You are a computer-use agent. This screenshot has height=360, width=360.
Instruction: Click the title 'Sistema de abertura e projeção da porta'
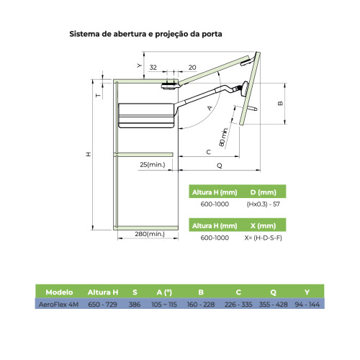tap(145, 34)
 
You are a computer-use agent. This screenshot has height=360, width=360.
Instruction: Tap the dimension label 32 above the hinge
tap(153, 68)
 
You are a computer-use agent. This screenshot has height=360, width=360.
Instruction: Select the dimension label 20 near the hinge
tap(192, 68)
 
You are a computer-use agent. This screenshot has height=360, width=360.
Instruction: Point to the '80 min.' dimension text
tap(223, 137)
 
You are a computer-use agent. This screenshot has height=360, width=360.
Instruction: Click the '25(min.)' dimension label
tap(153, 165)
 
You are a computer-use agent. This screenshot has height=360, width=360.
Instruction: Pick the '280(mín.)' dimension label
tap(150, 234)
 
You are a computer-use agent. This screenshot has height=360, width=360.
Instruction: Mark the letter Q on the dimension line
tap(220, 166)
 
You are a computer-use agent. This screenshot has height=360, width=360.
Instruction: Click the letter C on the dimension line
tap(209, 152)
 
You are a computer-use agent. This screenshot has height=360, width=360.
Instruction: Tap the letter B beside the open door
tap(280, 103)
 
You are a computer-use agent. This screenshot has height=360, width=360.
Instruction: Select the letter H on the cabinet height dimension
tap(89, 154)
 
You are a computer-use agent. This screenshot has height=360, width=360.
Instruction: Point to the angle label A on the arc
tap(210, 108)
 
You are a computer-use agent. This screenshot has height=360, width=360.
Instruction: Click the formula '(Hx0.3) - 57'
tap(264, 204)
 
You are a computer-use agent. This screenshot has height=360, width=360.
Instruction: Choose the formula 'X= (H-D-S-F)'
tap(264, 238)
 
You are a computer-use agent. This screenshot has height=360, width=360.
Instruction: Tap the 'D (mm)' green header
tap(264, 192)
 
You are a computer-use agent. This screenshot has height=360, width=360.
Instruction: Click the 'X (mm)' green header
tap(264, 226)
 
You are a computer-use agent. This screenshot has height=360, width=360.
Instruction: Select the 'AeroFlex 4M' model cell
tap(58, 305)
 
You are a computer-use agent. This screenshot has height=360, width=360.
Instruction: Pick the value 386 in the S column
tap(135, 305)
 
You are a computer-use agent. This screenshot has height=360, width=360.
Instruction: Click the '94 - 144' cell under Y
tap(307, 305)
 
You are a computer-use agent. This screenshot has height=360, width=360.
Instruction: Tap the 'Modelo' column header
tap(59, 292)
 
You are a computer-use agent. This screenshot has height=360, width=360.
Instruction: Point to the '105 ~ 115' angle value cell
tap(164, 305)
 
